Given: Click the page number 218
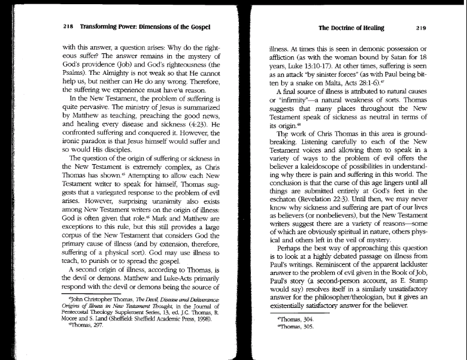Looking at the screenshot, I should [x=67, y=27].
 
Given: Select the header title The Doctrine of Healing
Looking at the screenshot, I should [x=351, y=28].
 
